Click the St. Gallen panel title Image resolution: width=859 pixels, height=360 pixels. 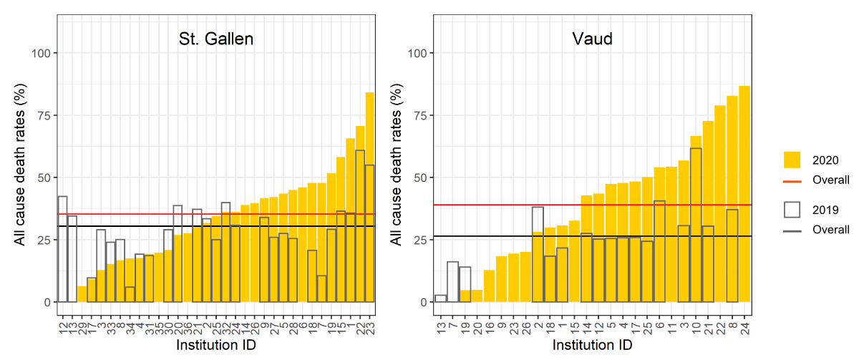tap(215, 39)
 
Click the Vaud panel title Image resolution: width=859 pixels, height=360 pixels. tap(592, 39)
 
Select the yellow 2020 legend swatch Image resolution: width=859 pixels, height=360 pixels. tap(792, 159)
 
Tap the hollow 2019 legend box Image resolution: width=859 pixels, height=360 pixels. tap(792, 209)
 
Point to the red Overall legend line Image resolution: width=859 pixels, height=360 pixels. tap(792, 180)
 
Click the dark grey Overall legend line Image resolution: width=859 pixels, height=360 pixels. tap(792, 230)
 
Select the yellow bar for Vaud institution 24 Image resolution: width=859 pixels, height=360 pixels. tap(744, 194)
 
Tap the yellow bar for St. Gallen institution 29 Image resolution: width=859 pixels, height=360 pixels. tap(82, 294)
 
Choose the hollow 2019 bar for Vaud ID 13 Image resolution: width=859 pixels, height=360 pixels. tap(440, 298)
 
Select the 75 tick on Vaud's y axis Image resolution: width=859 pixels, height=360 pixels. tap(419, 115)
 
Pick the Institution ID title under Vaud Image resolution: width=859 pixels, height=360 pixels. tap(592, 346)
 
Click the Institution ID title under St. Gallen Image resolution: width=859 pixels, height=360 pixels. tap(215, 346)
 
